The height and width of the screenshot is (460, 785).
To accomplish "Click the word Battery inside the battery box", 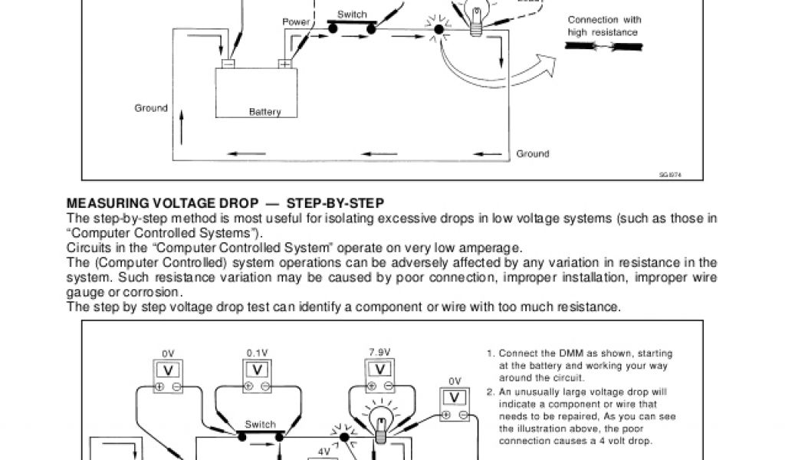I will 264,112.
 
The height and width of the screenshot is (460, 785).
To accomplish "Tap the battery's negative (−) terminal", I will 228,64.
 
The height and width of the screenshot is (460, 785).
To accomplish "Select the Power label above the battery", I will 296,22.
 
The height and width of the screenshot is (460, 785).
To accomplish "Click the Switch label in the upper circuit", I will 352,15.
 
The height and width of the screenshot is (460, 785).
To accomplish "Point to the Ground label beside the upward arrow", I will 151,108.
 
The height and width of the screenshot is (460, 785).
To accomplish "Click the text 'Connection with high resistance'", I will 604,25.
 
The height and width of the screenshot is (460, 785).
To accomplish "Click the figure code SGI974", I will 670,174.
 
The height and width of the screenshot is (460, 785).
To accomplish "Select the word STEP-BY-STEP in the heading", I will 335,203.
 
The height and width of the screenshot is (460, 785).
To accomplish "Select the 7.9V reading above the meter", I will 380,352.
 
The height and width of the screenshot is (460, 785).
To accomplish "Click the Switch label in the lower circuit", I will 260,424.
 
